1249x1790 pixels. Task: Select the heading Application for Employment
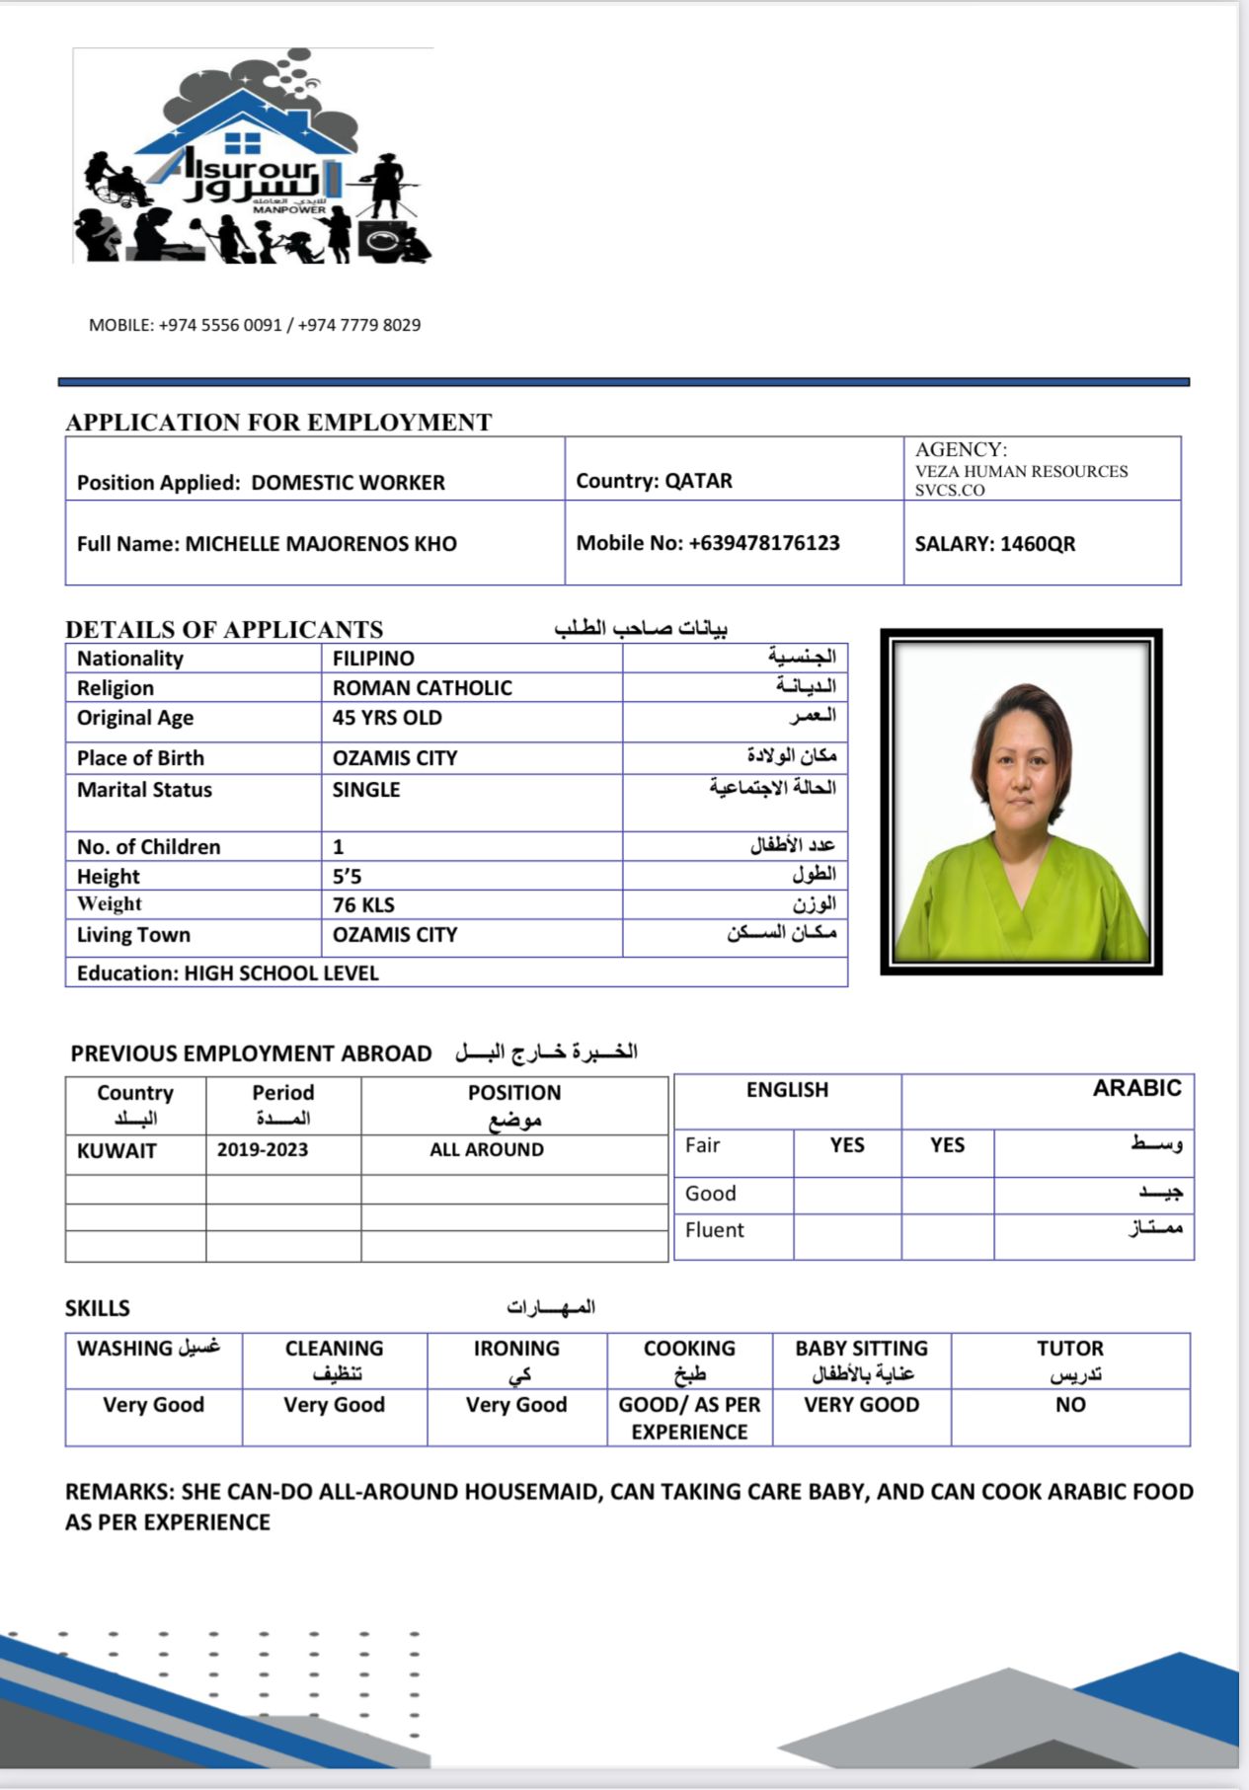[x=278, y=423]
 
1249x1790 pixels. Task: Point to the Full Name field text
[x=267, y=544]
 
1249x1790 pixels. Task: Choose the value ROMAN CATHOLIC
[x=422, y=688]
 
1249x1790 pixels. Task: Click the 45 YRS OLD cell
[x=387, y=718]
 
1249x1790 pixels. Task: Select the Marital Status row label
[x=144, y=790]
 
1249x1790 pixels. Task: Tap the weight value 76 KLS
[x=363, y=905]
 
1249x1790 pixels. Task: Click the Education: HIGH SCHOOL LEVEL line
[x=228, y=973]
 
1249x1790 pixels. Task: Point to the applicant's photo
[x=1021, y=802]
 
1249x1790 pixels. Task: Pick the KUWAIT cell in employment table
[x=117, y=1151]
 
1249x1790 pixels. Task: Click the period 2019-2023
[x=263, y=1150]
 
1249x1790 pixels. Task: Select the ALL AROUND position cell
[x=487, y=1150]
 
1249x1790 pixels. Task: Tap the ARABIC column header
[x=1136, y=1088]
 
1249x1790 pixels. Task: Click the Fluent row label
[x=715, y=1230]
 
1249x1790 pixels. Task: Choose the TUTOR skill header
[x=1070, y=1349]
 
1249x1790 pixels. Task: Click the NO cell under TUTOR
[x=1070, y=1405]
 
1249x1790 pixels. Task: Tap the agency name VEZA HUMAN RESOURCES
[x=1021, y=472]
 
